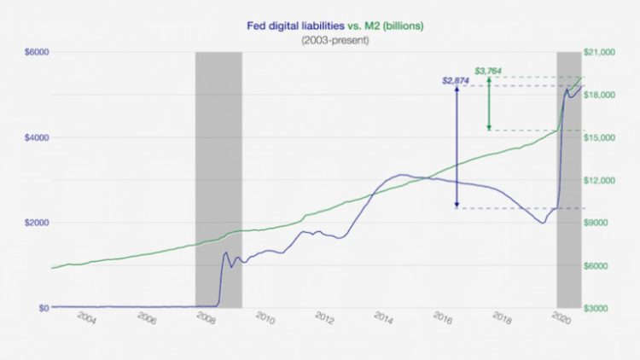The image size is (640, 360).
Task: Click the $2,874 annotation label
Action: coord(455,81)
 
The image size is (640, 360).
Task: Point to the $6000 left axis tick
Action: coord(37,52)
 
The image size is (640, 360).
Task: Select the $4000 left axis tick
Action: coord(37,137)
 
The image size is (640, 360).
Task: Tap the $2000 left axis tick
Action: coord(37,223)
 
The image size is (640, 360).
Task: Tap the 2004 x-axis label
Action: coord(85,318)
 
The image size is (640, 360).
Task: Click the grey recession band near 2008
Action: coord(218,179)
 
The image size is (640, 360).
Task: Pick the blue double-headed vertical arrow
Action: coord(457,146)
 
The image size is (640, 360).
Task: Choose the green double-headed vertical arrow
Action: coord(488,104)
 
